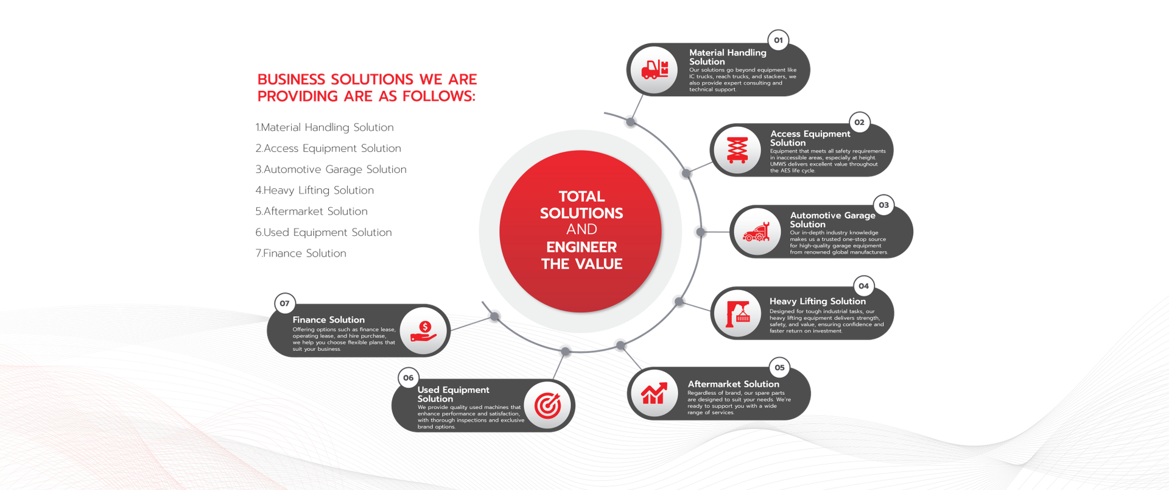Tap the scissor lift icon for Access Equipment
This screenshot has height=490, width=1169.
click(x=737, y=150)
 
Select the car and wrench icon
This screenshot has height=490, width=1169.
click(x=756, y=232)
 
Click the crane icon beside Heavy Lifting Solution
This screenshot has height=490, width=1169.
click(x=737, y=313)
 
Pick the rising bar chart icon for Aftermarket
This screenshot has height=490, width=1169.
click(x=654, y=394)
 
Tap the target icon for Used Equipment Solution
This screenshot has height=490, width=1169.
click(x=547, y=405)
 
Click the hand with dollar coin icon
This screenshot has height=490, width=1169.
click(x=424, y=331)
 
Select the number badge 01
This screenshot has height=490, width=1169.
click(x=778, y=40)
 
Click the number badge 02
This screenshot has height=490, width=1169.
click(x=859, y=122)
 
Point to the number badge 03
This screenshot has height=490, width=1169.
click(x=883, y=205)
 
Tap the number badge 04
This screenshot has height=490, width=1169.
click(x=863, y=286)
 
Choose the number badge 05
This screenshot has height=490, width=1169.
click(x=779, y=367)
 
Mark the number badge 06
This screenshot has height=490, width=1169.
click(x=408, y=378)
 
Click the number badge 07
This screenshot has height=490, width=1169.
click(x=284, y=304)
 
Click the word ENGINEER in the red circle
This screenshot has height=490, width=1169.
click(x=581, y=247)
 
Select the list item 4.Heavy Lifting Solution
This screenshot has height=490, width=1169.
click(x=315, y=190)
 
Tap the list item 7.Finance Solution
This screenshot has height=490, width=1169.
click(x=301, y=253)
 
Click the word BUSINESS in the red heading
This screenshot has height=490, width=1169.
click(x=291, y=79)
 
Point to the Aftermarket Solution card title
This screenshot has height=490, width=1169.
click(x=733, y=384)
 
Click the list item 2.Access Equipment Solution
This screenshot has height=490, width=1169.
click(x=328, y=148)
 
